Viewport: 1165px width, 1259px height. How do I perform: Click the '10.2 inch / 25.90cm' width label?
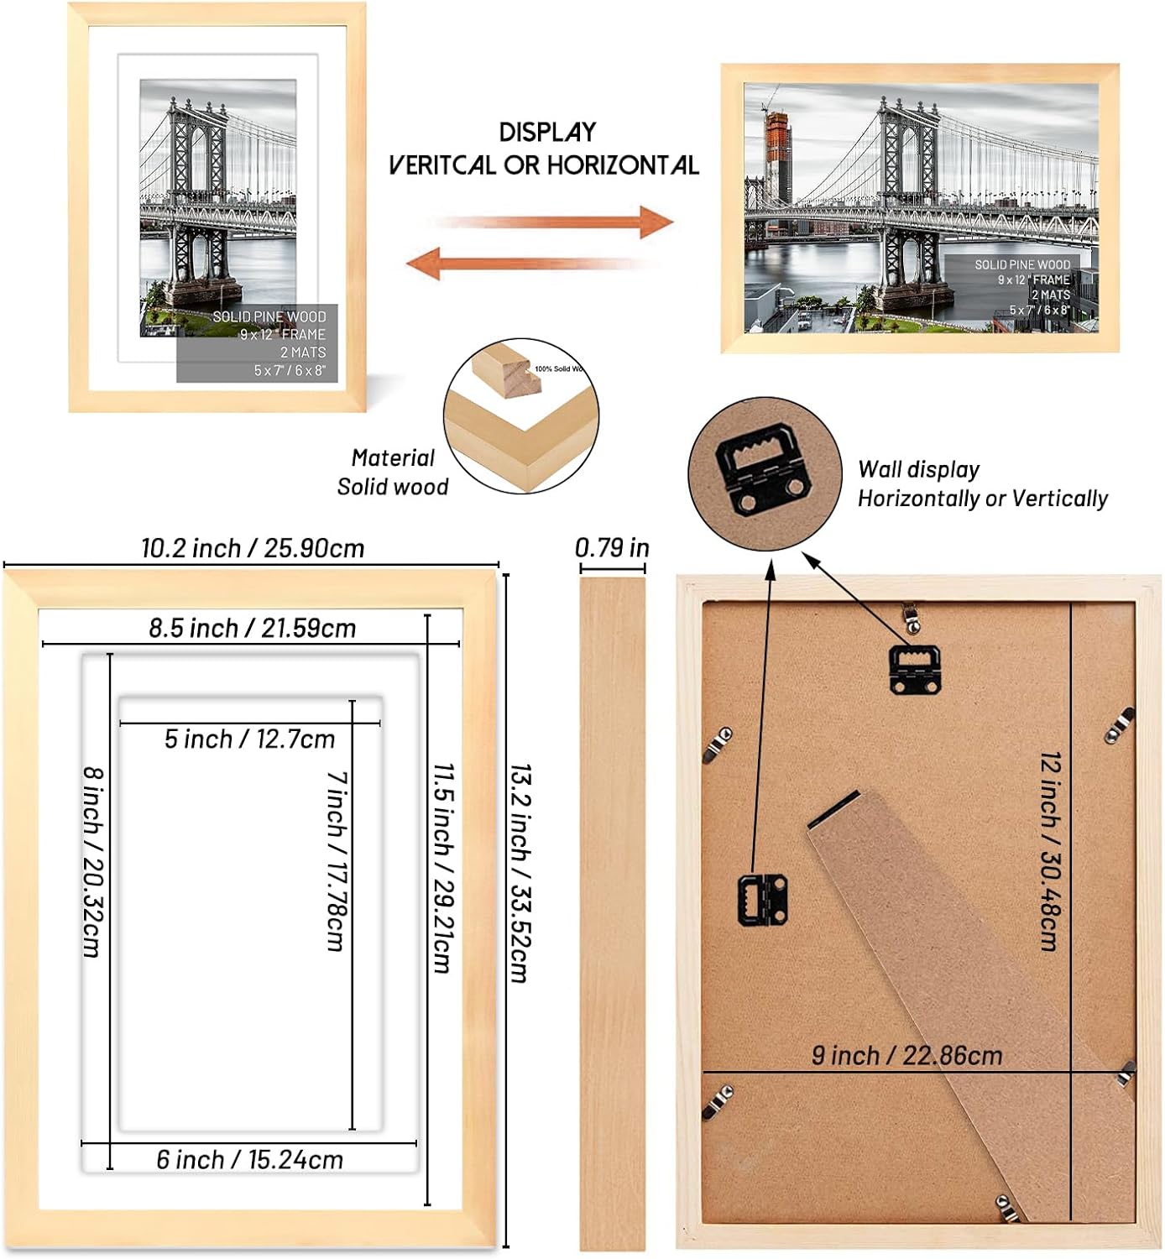pos(253,549)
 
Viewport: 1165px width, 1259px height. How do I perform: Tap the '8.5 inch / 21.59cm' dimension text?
pos(252,628)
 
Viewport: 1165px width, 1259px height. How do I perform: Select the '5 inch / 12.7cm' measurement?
pos(249,739)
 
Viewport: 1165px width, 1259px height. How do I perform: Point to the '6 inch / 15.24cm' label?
pos(249,1160)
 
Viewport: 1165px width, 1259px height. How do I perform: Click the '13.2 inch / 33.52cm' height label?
pos(520,873)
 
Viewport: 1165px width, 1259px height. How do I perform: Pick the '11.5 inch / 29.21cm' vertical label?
pos(444,868)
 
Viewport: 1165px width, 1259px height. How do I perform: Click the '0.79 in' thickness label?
pos(612,548)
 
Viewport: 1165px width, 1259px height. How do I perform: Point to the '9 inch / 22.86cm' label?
pos(906,1055)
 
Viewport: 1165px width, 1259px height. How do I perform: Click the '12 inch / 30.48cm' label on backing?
pos(1050,851)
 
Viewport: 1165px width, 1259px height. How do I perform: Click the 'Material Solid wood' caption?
pos(393,473)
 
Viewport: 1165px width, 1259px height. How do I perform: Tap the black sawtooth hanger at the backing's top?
pos(914,667)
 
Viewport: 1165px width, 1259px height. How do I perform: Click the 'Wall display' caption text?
pos(918,470)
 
